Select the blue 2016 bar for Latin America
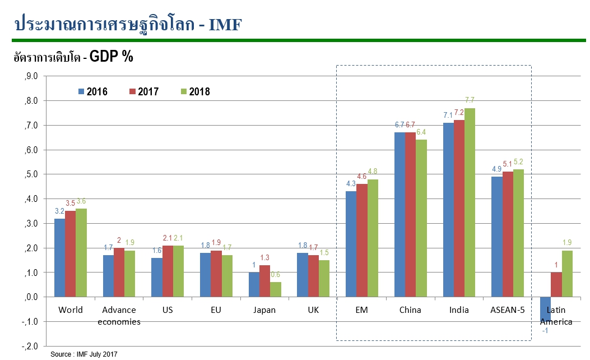545,309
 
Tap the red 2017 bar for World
70,253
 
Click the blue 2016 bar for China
399,214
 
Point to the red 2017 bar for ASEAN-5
507,234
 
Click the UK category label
313,310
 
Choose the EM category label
362,310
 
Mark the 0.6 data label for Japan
276,275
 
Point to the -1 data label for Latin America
545,330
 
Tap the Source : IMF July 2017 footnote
84,354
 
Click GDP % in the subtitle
111,57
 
